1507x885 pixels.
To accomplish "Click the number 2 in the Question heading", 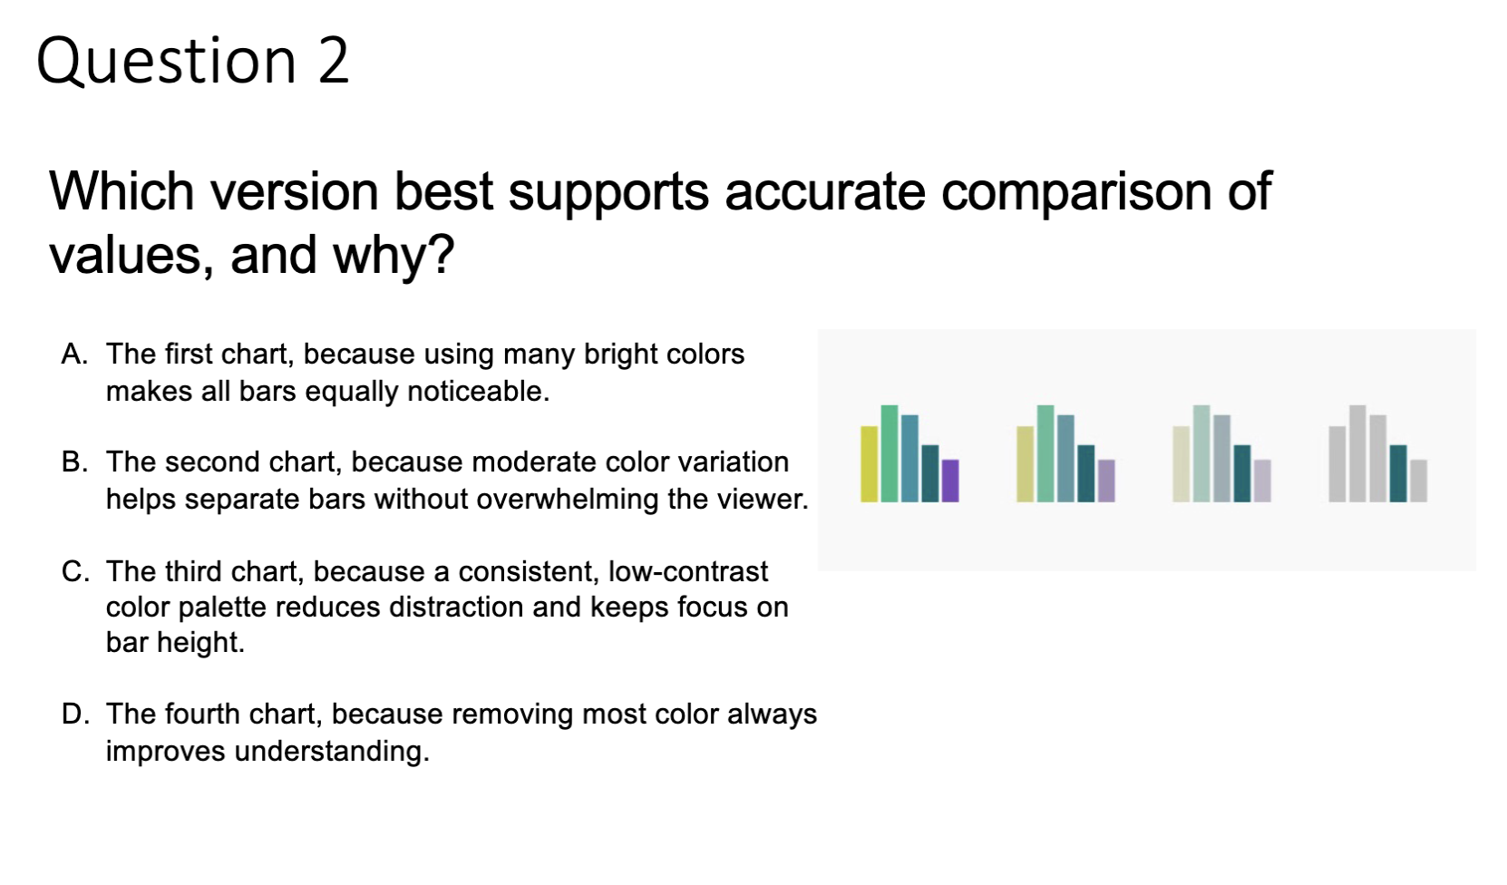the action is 334,61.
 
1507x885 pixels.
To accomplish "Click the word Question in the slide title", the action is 166,62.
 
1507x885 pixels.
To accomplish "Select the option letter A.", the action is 74,354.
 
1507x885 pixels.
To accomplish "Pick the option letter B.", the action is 74,462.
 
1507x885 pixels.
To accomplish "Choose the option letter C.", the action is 75,571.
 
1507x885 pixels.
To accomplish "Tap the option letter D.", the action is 75,714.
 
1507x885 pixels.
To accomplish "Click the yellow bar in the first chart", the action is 870,463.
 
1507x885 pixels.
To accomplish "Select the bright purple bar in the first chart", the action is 950,481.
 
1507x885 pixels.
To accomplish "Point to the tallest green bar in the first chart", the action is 890,453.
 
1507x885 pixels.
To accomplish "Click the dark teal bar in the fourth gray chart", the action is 1398,473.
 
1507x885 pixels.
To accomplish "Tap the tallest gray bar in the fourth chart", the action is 1357,453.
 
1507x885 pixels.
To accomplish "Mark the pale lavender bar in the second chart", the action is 1106,481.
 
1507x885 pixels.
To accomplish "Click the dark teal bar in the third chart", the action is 1242,473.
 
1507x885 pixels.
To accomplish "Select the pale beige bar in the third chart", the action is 1181,463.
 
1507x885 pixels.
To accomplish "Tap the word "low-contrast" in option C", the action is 687,571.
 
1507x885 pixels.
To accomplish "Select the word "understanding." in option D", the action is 332,752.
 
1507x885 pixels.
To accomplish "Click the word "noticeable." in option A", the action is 479,391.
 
